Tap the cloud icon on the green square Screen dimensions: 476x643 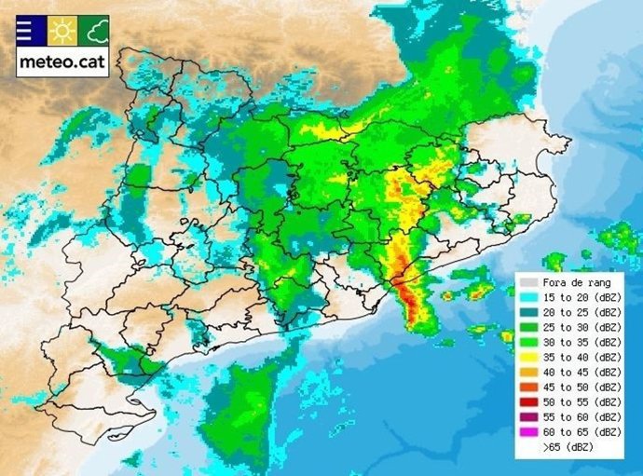click(94, 33)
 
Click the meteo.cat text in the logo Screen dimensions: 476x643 click(62, 63)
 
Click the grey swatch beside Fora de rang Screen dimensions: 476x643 click(529, 282)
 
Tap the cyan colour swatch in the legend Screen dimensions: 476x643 click(529, 297)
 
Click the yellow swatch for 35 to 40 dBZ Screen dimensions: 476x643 click(529, 357)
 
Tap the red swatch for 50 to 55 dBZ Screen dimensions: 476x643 click(529, 401)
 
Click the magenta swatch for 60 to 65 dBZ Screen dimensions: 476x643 click(529, 431)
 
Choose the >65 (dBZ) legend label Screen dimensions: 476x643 click(569, 447)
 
